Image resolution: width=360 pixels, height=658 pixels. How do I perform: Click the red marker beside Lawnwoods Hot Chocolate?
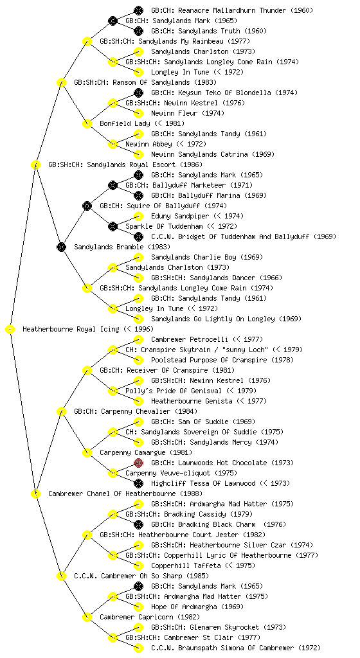point(138,463)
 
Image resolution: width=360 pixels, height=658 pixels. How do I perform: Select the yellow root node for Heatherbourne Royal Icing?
point(10,330)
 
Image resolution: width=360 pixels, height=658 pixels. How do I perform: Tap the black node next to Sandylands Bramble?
point(61,247)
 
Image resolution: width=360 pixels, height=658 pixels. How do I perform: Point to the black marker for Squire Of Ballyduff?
point(87,206)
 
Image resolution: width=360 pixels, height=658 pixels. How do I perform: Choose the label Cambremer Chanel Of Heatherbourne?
point(112,493)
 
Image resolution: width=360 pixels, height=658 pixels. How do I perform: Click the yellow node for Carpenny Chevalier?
point(61,411)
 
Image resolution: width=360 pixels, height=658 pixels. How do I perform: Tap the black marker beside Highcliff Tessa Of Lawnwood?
point(138,483)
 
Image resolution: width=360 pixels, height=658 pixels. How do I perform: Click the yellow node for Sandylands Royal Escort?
point(35,164)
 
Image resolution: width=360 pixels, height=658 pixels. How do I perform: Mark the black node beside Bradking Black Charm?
point(138,524)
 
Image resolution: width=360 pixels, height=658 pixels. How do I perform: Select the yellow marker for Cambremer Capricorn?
point(87,617)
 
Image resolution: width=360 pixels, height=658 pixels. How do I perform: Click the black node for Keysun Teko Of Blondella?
point(138,93)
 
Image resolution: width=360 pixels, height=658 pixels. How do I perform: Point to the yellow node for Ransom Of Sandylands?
point(61,82)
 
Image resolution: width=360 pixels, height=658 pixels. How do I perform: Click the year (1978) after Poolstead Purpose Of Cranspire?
point(283,360)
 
